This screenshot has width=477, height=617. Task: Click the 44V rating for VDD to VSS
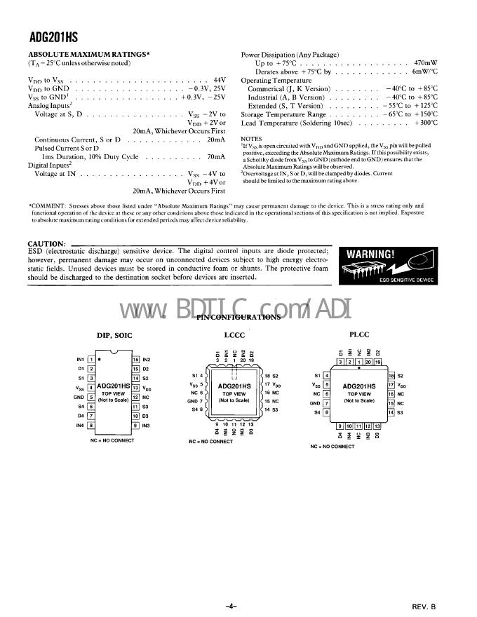click(x=218, y=81)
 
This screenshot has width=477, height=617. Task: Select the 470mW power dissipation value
click(x=426, y=62)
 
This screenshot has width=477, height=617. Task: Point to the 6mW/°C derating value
click(x=424, y=72)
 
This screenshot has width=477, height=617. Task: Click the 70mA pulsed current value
click(x=216, y=156)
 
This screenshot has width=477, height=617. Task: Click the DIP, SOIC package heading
click(x=114, y=336)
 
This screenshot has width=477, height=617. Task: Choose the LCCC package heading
click(x=234, y=336)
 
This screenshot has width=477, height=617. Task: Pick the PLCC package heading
click(x=358, y=336)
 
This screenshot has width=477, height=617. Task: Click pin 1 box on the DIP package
click(x=91, y=359)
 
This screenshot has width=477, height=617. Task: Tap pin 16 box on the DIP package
click(x=136, y=359)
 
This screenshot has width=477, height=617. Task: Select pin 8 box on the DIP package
click(x=91, y=425)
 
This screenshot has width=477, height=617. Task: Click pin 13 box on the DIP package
click(x=136, y=387)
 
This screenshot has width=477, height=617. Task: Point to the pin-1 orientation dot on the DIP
click(x=100, y=359)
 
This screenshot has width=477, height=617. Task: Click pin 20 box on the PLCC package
click(x=368, y=362)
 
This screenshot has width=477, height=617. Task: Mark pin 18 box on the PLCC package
click(x=391, y=376)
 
